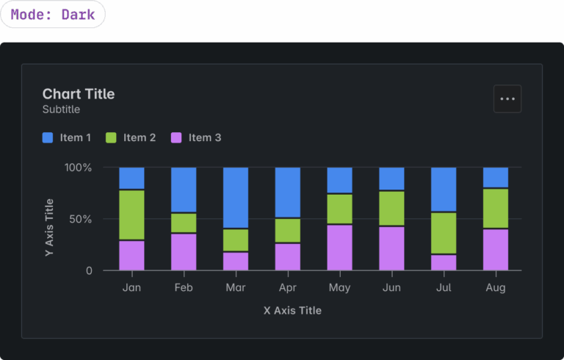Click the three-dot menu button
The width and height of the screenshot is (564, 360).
pyautogui.click(x=507, y=98)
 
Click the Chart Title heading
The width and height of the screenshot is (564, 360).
pyautogui.click(x=79, y=93)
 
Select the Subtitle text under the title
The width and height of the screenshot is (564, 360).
pyautogui.click(x=61, y=109)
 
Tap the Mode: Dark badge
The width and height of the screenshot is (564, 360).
pyautogui.click(x=53, y=15)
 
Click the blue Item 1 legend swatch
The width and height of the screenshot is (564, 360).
pyautogui.click(x=48, y=137)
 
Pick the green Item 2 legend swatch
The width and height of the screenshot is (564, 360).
pyautogui.click(x=111, y=137)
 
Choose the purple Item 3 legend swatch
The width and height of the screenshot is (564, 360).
pyautogui.click(x=176, y=137)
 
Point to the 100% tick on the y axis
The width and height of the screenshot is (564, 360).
pyautogui.click(x=78, y=168)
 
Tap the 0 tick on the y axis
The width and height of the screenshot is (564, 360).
pyautogui.click(x=89, y=270)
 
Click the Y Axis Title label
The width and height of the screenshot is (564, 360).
pyautogui.click(x=49, y=227)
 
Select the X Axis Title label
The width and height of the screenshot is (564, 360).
pyautogui.click(x=292, y=310)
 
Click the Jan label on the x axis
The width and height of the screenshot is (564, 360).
pyautogui.click(x=131, y=288)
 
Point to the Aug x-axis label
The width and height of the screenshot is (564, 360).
pyautogui.click(x=495, y=288)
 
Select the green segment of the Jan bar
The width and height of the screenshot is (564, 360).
pyautogui.click(x=131, y=215)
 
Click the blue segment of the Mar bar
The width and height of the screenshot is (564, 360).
pyautogui.click(x=236, y=198)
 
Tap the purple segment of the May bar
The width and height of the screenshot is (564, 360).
pyautogui.click(x=339, y=248)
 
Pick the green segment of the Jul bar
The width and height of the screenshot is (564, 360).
pyautogui.click(x=444, y=233)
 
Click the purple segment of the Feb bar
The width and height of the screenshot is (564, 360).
pyautogui.click(x=184, y=252)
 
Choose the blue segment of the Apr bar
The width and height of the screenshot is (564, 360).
pyautogui.click(x=288, y=192)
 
